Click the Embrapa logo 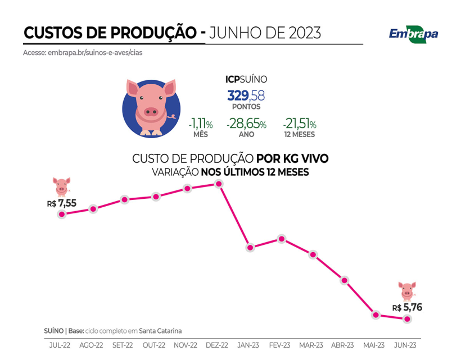coord(413,33)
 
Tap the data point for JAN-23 coord(250,247)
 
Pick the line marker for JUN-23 coord(406,319)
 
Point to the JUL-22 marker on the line coord(62,214)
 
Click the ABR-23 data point coord(344,280)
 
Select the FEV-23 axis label coord(279,345)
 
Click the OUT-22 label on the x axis coord(154,345)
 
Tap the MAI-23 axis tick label coord(374,345)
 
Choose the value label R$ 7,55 coord(61,203)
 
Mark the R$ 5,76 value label coord(407,307)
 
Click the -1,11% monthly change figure coord(201,124)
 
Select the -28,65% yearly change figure coord(246,124)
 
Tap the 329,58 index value coord(246,95)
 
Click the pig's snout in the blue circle coord(151,111)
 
